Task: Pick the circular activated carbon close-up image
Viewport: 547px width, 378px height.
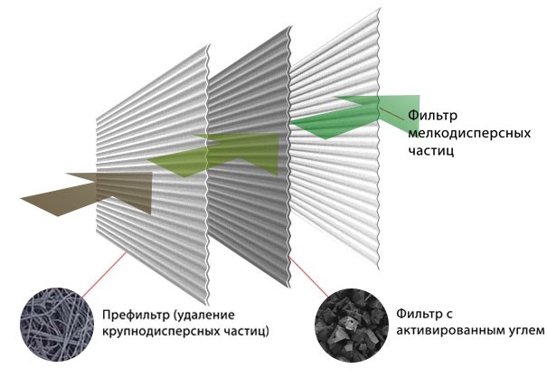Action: [352, 325]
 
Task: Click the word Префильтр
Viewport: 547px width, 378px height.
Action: [136, 315]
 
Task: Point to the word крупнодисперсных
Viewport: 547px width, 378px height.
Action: [160, 331]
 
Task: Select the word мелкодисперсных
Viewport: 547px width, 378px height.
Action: [469, 133]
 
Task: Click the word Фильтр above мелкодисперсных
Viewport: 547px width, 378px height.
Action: [432, 115]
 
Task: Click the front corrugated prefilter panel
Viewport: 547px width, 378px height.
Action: [153, 175]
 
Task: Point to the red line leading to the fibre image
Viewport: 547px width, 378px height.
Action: [104, 274]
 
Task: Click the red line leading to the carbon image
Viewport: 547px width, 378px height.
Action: [309, 278]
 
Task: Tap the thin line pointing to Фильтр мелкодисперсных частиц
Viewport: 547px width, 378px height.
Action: [392, 114]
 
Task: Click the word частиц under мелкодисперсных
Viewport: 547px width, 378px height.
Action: [431, 151]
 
